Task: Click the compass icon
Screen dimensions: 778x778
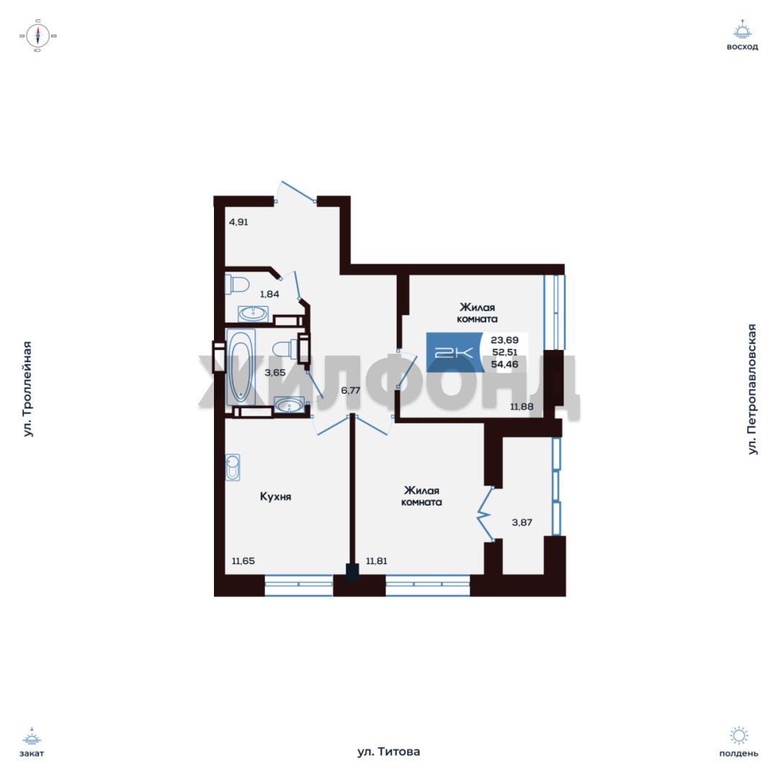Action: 38,36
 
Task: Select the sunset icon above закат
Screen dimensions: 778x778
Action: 32,737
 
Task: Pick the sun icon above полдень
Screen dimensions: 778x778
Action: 739,735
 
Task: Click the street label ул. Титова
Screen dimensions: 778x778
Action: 388,751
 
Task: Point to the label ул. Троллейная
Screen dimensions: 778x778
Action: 28,389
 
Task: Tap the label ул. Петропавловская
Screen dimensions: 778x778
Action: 752,389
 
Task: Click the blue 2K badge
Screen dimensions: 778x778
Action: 455,352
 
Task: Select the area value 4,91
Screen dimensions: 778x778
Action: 238,222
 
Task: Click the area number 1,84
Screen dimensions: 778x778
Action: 269,294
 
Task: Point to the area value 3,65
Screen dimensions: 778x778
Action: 275,372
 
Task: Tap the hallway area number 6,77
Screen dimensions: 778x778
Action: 351,390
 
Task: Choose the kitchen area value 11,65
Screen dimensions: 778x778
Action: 243,560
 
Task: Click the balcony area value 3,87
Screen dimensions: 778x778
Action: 522,522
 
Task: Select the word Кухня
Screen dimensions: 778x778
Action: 275,496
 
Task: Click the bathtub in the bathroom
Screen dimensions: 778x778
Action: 241,367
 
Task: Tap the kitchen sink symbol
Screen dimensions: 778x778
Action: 232,467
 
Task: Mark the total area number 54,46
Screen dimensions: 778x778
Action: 504,365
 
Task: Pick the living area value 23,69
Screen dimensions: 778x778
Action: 504,340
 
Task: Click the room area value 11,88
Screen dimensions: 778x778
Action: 522,407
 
